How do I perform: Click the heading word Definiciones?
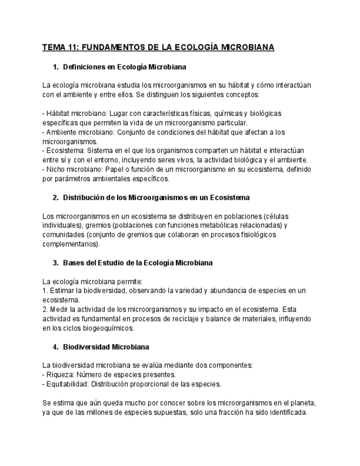(x=85, y=67)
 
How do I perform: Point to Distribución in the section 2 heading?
(x=86, y=197)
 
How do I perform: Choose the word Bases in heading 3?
(x=73, y=263)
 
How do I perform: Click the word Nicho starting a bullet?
(x=57, y=169)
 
